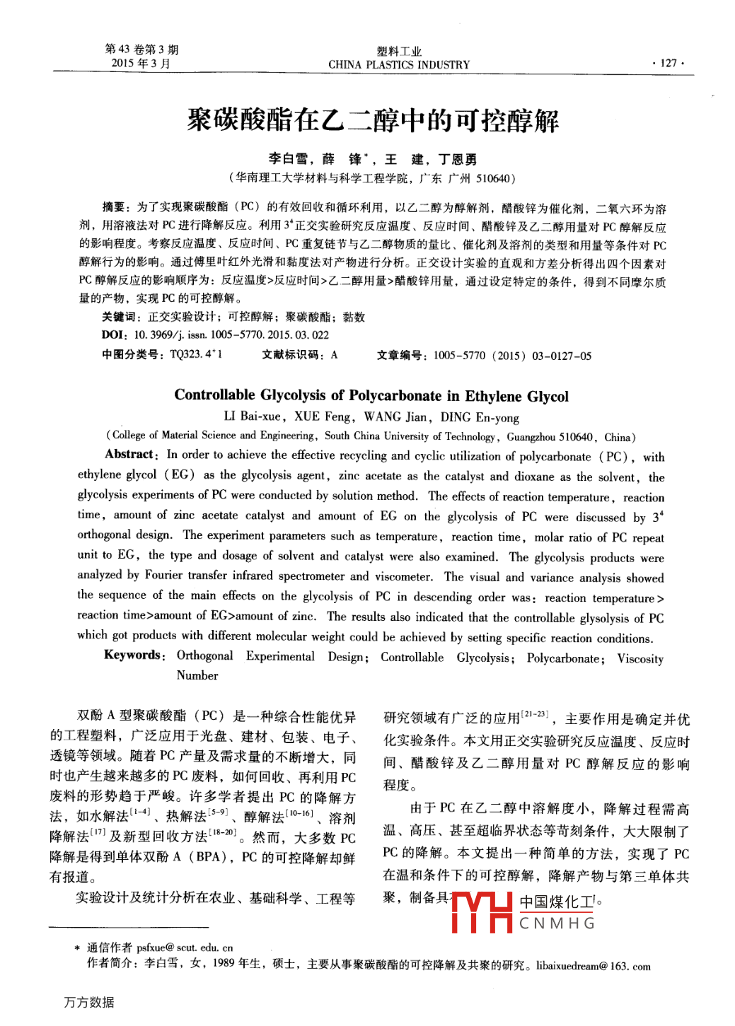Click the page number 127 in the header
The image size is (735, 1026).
[x=668, y=63]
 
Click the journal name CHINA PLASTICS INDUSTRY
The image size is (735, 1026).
[x=399, y=65]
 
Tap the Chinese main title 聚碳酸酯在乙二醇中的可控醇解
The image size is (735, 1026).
[x=373, y=120]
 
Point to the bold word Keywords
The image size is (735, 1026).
[x=134, y=655]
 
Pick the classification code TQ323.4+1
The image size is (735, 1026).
[x=196, y=354]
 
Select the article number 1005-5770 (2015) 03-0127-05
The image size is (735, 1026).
[x=512, y=356]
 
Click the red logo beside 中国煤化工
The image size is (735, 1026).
[x=482, y=912]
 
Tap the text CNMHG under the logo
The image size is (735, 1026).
[x=557, y=923]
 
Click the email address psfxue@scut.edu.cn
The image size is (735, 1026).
[x=185, y=948]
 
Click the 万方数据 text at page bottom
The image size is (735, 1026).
[x=89, y=1002]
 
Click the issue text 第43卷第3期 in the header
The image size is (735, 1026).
[x=141, y=49]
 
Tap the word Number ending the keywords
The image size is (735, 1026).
[x=197, y=675]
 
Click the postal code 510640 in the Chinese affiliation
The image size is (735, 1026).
[x=492, y=179]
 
